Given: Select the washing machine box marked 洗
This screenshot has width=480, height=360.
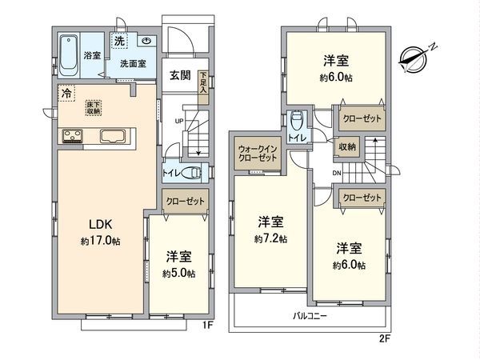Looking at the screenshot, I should tap(119, 41).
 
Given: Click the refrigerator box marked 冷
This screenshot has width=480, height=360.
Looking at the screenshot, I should tap(65, 93).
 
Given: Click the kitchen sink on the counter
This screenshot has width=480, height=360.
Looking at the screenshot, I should tap(116, 136).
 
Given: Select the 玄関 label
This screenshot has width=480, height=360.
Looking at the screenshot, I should tap(180, 76).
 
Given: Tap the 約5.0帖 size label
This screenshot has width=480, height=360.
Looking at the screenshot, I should tap(178, 273).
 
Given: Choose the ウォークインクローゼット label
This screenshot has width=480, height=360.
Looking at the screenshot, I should tap(258, 153).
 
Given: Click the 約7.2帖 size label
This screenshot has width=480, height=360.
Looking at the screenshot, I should tap(271, 238).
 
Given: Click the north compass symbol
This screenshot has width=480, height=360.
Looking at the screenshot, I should tap(415, 57).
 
